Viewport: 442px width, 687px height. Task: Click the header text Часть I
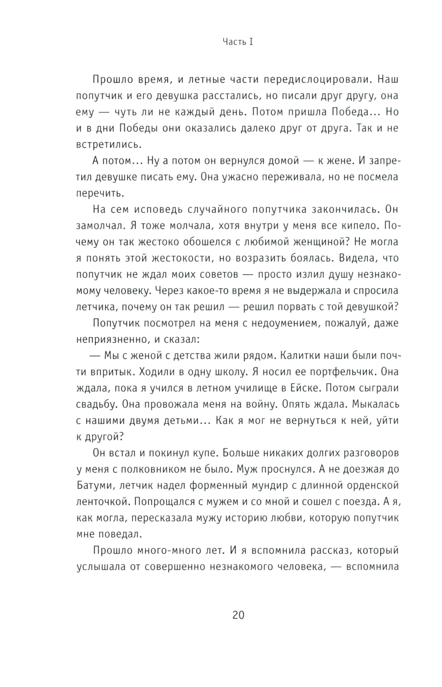tap(237, 42)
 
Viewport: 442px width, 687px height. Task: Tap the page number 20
tap(238, 615)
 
